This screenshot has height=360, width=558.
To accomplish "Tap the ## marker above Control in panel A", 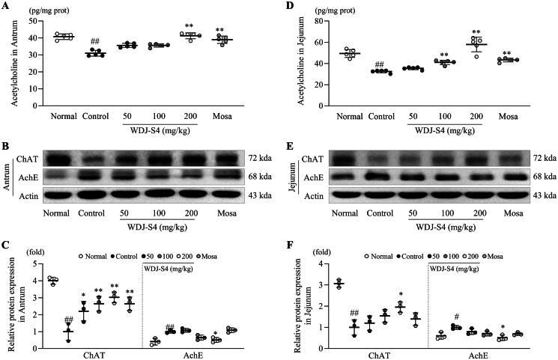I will click(x=95, y=42).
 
